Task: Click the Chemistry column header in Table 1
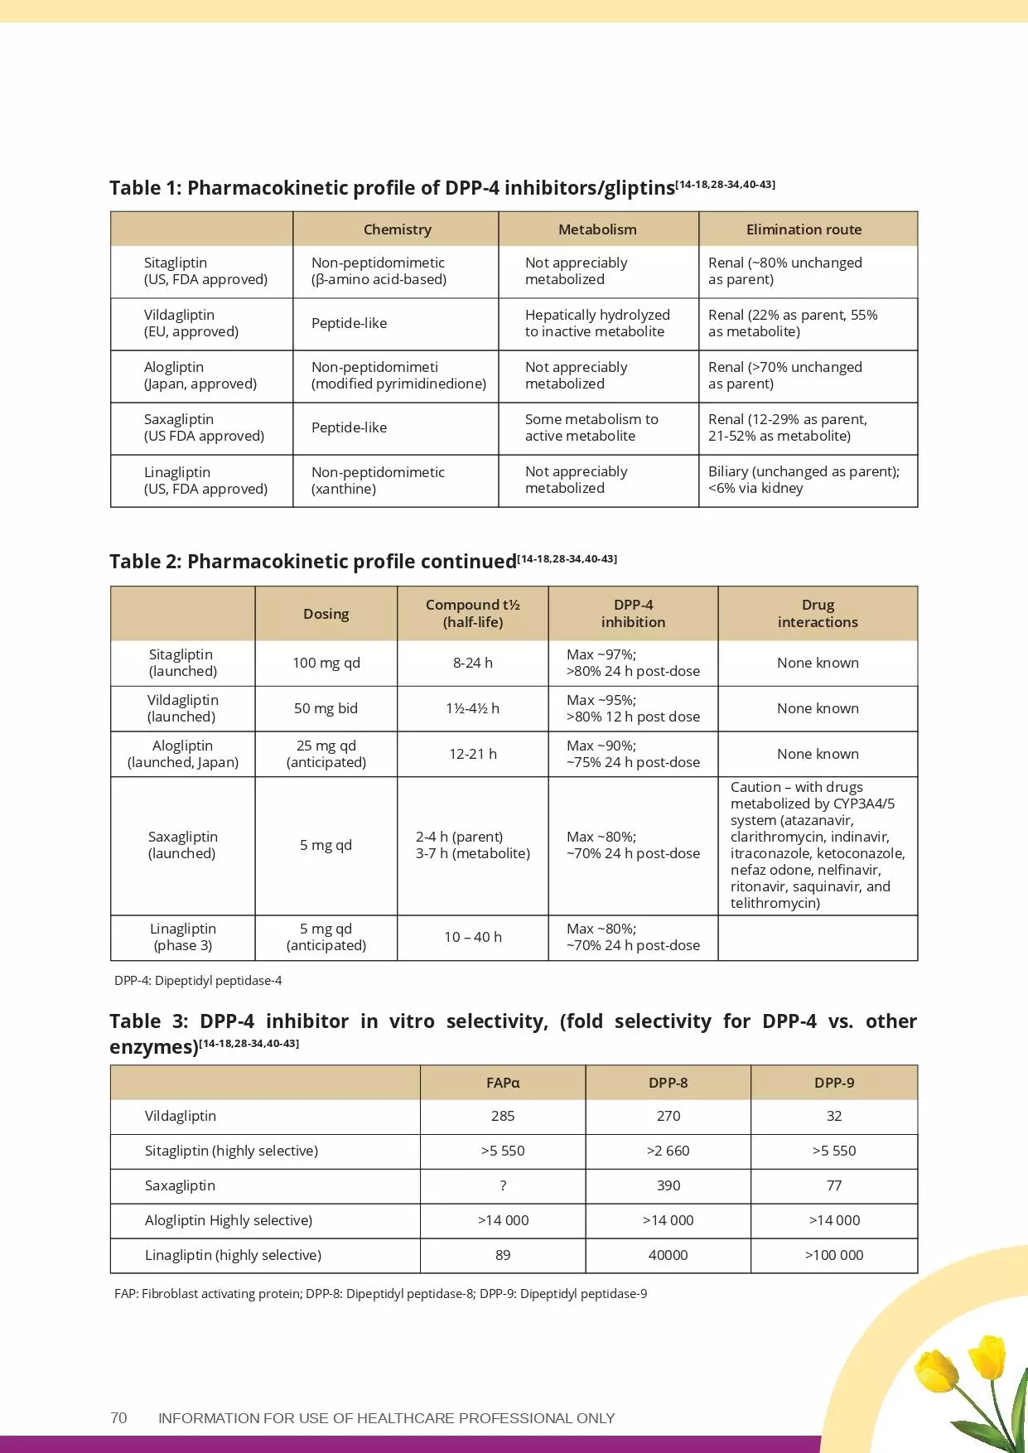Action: tap(397, 229)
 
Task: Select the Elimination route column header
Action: tap(804, 229)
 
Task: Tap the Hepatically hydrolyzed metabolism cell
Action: tap(596, 323)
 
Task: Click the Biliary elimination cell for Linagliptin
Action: tap(803, 480)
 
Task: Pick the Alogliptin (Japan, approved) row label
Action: tap(200, 375)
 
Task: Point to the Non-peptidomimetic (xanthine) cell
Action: tap(378, 480)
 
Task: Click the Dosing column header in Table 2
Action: tap(326, 614)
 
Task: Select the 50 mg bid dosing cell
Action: tap(326, 708)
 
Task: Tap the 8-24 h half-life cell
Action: tap(472, 663)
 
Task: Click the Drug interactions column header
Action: tap(818, 614)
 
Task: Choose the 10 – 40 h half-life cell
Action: tap(472, 937)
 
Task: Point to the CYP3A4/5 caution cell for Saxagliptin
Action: tap(817, 845)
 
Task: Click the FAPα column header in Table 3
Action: tap(503, 1083)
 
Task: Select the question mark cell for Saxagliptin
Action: tap(503, 1185)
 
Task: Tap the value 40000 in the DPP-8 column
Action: tap(668, 1255)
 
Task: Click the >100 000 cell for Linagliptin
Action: tap(833, 1255)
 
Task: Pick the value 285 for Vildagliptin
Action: tap(503, 1116)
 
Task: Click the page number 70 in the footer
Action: tap(118, 1417)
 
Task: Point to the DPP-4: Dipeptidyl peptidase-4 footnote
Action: tap(198, 981)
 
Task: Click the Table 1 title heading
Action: tap(392, 188)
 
